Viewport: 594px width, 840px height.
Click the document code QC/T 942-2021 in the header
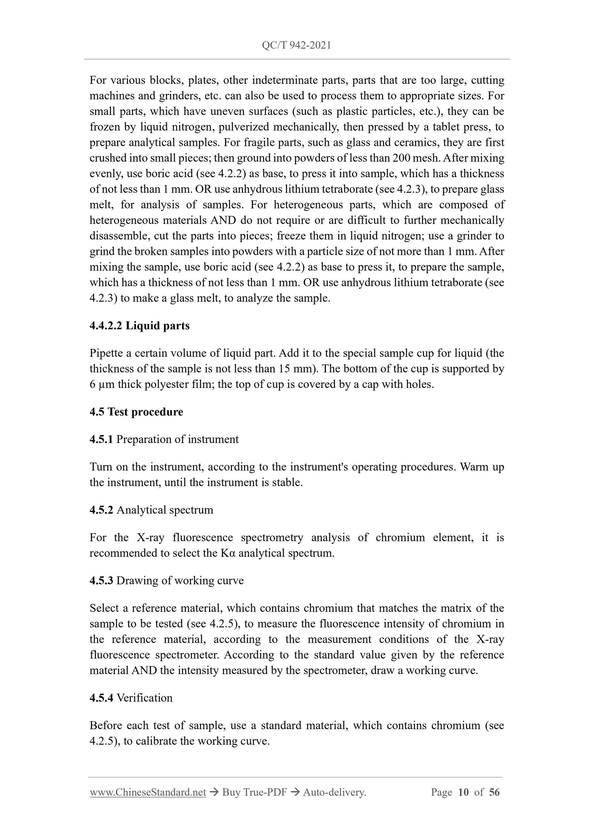pos(296,46)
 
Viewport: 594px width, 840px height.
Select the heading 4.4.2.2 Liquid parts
pos(139,326)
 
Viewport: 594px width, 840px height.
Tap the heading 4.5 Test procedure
pos(136,412)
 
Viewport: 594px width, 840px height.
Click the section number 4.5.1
pos(101,439)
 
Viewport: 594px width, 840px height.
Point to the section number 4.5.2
pos(101,510)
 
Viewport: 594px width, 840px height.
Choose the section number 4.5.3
pos(101,581)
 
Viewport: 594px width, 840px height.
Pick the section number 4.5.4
pos(101,698)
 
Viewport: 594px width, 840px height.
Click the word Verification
pos(144,698)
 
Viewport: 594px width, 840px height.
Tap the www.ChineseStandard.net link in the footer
pos(148,792)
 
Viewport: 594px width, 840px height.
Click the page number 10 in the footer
pos(463,792)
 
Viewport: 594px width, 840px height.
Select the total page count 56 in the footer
pos(494,792)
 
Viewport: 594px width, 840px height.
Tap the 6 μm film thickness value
pos(102,384)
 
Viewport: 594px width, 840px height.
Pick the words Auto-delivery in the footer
pos(334,792)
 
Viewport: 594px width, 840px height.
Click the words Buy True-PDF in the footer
pos(254,792)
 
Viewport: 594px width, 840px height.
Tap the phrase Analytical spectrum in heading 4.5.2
pos(165,510)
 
